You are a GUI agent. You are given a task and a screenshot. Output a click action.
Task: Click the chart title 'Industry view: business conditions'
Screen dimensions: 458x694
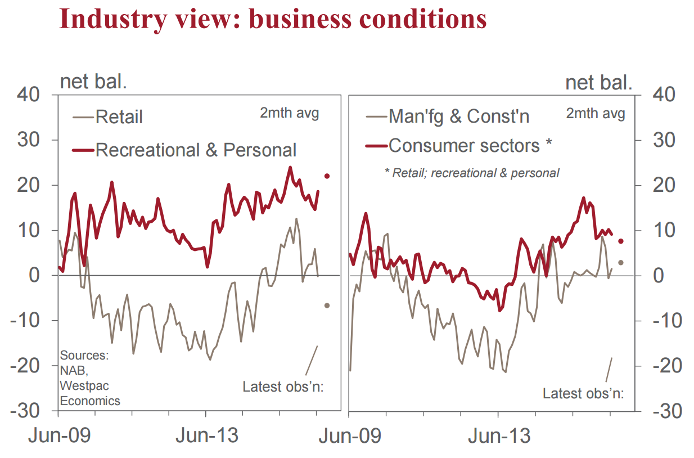[273, 19]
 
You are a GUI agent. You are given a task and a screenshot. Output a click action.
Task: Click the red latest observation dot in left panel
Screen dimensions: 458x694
[327, 176]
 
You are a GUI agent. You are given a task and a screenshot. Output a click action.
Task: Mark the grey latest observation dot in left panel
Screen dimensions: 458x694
[327, 306]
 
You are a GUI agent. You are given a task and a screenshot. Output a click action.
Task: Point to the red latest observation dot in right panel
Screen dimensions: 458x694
[620, 241]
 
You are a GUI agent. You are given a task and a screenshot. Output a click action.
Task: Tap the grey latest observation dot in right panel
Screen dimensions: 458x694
[620, 263]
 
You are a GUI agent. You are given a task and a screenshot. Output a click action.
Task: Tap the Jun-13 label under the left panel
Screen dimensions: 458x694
[207, 436]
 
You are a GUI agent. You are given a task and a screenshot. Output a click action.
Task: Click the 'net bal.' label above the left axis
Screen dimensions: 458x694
[93, 82]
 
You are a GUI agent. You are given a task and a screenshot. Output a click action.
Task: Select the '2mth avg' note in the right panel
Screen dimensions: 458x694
[596, 113]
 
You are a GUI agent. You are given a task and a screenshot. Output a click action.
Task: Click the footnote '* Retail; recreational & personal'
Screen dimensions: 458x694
[472, 173]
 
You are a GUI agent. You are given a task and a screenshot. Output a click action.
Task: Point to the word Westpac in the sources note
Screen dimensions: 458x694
[84, 386]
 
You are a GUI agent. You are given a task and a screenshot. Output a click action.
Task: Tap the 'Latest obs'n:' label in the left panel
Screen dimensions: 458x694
[283, 387]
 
